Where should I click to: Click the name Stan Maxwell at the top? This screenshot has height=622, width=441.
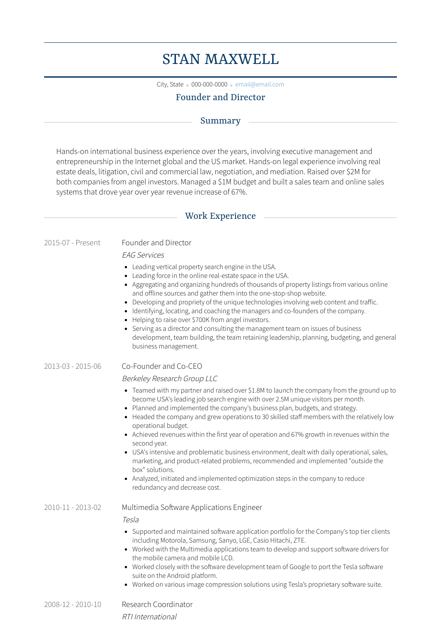point(220,59)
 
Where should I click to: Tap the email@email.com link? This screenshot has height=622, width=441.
point(259,84)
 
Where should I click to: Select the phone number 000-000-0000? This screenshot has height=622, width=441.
point(209,84)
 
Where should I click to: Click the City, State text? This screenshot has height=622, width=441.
point(170,84)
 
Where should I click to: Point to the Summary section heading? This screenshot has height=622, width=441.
point(220,121)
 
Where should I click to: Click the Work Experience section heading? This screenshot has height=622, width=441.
point(220,216)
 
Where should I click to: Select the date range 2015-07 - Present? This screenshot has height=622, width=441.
point(72,243)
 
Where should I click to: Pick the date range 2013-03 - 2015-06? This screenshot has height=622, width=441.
point(73,366)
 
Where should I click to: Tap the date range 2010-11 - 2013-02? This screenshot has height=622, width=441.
point(73,507)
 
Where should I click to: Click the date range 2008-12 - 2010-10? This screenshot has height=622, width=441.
point(73,604)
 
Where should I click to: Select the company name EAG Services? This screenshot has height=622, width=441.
point(143,255)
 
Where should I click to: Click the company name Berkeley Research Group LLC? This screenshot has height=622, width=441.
point(170,378)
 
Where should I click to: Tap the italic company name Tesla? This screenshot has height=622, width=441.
point(131,520)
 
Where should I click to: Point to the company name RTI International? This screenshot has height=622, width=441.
point(149,617)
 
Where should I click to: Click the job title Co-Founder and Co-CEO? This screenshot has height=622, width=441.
point(162,366)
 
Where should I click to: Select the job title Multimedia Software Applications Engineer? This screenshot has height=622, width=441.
point(192,507)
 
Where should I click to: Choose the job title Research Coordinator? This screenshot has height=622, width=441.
point(157,604)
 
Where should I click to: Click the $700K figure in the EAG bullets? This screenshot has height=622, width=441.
point(201,320)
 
